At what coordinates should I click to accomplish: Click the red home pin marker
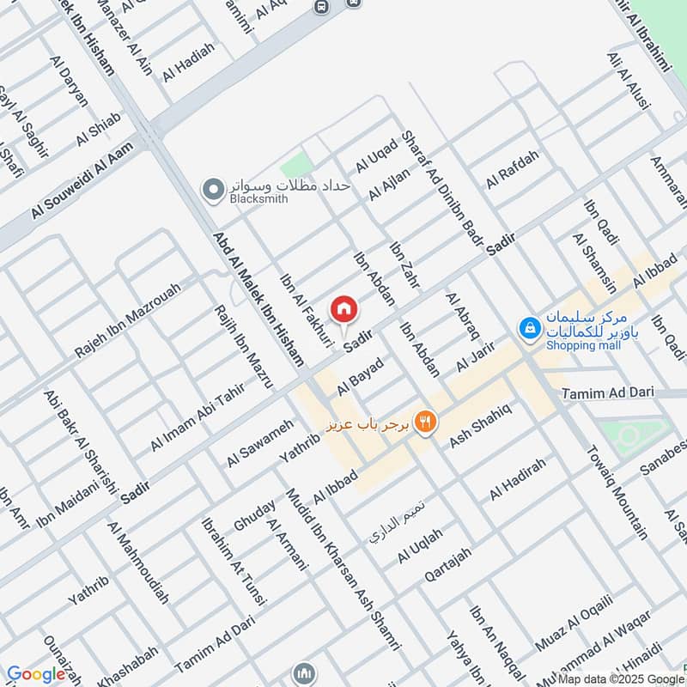click(344, 308)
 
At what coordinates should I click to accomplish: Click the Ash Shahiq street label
click(481, 424)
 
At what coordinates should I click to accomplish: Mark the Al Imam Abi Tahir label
click(198, 416)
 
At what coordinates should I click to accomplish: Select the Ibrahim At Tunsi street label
click(225, 564)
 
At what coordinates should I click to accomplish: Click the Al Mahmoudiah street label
click(137, 561)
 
